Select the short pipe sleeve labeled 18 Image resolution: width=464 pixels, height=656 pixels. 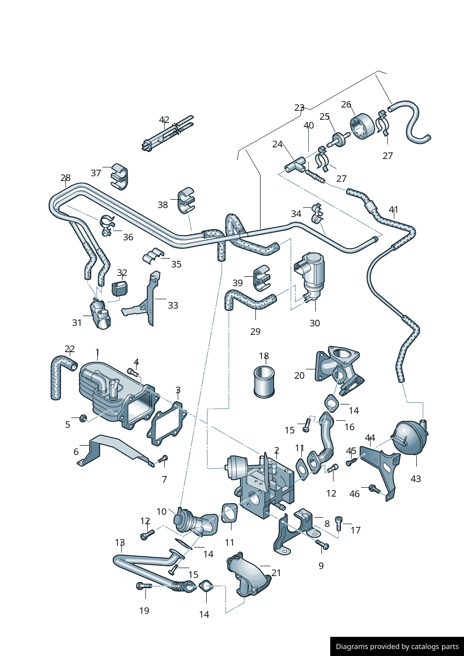point(264,382)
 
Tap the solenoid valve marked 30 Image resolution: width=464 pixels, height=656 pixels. point(311,274)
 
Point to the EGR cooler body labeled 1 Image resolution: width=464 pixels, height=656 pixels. point(112,393)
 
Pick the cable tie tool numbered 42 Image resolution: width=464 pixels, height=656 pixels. point(167,134)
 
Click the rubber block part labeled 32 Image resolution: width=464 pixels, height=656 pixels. point(120,288)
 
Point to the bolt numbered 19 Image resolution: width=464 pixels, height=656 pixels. point(144,586)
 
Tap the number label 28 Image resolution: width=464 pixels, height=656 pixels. point(65,178)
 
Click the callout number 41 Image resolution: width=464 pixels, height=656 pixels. point(393,209)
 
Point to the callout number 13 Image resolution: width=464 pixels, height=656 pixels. point(120,542)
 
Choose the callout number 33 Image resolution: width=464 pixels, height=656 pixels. point(173,305)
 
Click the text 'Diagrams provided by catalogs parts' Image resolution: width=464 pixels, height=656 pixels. point(397,647)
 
